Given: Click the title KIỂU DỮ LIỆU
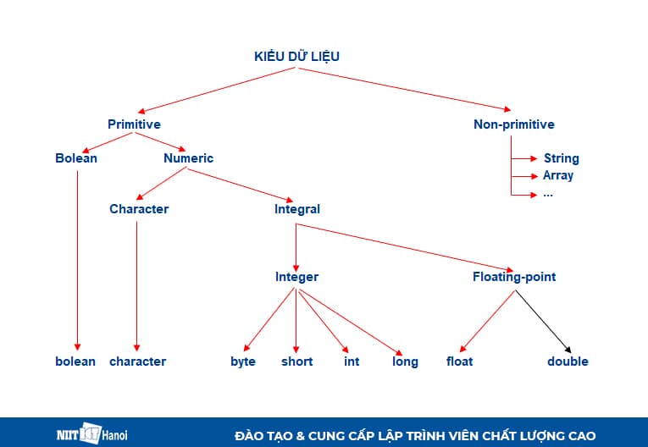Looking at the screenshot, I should tap(297, 57).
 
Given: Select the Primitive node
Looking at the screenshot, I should tap(134, 124).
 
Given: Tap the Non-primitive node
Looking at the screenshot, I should tap(513, 124).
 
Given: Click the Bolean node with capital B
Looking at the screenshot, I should tap(76, 158).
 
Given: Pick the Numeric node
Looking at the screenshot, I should tap(188, 158).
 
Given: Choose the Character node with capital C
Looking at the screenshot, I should tap(139, 209).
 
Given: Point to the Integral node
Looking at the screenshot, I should tap(296, 209).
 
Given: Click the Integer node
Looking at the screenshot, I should tap(296, 277).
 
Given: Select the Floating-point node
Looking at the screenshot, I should tap(514, 277).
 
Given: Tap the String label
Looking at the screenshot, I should tap(561, 158).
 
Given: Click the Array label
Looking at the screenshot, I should tap(558, 175).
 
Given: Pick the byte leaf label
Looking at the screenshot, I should tap(243, 361).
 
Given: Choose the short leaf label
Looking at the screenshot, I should tap(296, 361).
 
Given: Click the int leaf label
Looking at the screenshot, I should tap(352, 361).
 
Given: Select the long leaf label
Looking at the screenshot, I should tap(405, 361).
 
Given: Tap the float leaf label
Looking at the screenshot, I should tap(459, 361).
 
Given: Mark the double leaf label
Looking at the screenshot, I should tap(568, 361).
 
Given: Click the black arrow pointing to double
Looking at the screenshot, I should tap(544, 323).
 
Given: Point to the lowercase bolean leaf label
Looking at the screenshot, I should tap(75, 361).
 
